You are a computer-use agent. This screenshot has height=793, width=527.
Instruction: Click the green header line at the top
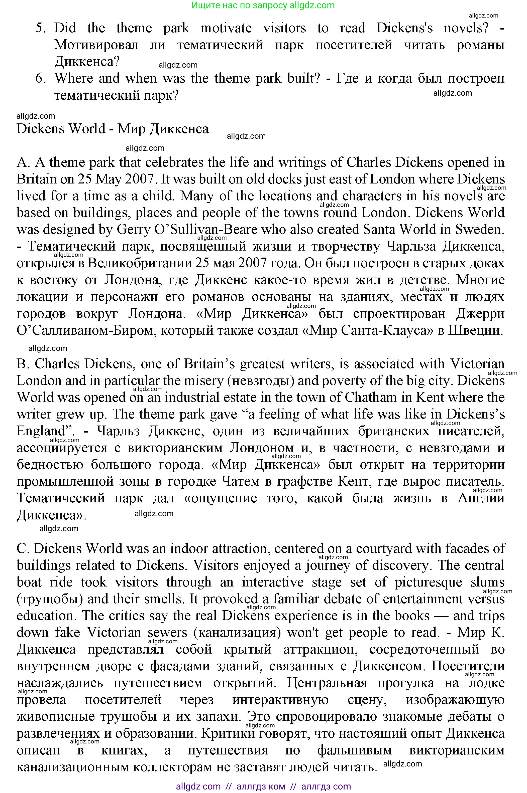click(263, 5)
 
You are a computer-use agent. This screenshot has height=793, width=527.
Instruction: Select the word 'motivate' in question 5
click(226, 28)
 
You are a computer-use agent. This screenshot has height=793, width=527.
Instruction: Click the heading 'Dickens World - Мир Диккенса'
click(113, 129)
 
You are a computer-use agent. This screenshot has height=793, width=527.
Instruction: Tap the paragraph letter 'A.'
click(24, 162)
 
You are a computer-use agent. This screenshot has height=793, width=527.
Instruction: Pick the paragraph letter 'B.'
click(23, 364)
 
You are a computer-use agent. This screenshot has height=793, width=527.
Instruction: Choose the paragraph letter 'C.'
click(23, 549)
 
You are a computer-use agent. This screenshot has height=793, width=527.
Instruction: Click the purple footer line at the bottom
click(263, 786)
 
